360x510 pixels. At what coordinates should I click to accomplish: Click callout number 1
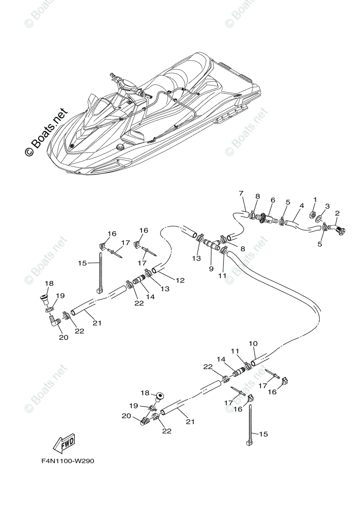point(315,199)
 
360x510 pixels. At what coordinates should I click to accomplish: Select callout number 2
point(337,213)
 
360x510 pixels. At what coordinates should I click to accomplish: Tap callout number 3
point(327,206)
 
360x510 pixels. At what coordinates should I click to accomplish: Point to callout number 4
point(301,206)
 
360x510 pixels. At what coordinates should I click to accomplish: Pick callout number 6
point(273,200)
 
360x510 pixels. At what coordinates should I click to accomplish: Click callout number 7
point(241,194)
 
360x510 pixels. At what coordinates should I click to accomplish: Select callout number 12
point(180,280)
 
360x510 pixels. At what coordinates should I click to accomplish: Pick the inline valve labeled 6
point(266,218)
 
